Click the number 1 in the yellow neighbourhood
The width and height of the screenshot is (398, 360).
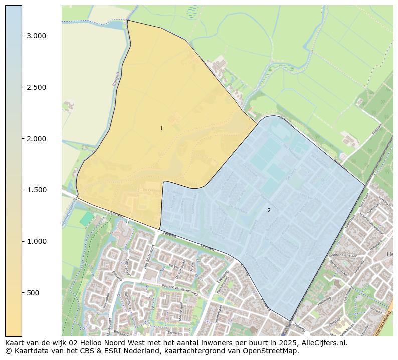[161, 129]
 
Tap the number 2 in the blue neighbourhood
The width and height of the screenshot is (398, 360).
[269, 210]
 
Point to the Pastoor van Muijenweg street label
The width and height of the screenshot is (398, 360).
[171, 288]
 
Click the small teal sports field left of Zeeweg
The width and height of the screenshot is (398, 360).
[87, 218]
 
